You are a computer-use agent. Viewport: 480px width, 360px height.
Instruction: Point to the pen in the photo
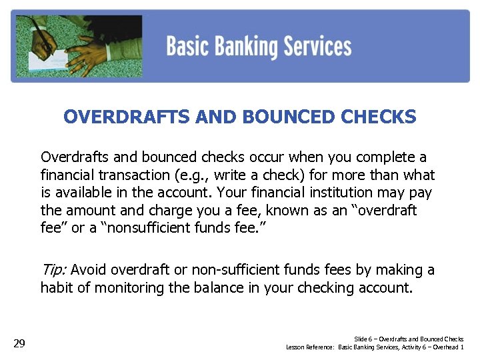pos(45,37)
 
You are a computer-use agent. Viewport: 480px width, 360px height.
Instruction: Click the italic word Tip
pos(53,270)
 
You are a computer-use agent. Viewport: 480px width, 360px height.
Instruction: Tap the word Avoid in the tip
pos(88,270)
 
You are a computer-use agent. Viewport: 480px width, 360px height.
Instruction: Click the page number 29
pos(19,344)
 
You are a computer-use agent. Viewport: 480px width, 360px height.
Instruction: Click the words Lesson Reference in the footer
pos(310,347)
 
